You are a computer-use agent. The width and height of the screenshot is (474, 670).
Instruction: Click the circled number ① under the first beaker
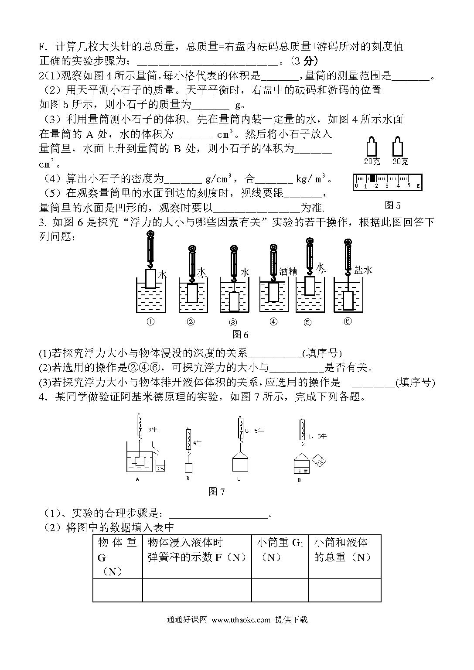pyautogui.click(x=151, y=322)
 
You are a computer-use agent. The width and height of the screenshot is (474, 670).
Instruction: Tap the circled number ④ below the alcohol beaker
pyautogui.click(x=273, y=321)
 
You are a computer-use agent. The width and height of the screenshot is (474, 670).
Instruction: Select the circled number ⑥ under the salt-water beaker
pyautogui.click(x=348, y=321)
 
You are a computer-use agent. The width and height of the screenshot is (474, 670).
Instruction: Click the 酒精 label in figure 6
pyautogui.click(x=288, y=271)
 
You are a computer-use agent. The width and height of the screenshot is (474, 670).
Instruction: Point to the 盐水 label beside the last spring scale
pyautogui.click(x=363, y=270)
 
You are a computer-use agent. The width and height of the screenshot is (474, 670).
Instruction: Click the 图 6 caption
pyautogui.click(x=240, y=335)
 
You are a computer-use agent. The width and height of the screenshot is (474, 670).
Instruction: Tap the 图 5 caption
pyautogui.click(x=392, y=205)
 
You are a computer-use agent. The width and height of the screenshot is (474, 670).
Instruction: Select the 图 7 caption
pyautogui.click(x=217, y=492)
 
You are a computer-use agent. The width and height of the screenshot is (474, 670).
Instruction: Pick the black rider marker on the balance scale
pyautogui.click(x=372, y=178)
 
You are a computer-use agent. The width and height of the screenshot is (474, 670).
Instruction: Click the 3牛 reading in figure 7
pyautogui.click(x=153, y=430)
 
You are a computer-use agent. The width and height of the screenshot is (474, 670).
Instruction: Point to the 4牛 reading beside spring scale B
pyautogui.click(x=198, y=443)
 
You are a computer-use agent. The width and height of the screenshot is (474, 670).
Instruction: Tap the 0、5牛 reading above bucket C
pyautogui.click(x=254, y=431)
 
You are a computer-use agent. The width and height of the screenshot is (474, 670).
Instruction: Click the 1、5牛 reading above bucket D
pyautogui.click(x=317, y=436)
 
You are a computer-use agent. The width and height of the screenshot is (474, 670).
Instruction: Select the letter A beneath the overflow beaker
pyautogui.click(x=137, y=479)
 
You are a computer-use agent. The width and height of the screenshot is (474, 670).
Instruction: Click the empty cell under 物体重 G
pyautogui.click(x=118, y=590)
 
